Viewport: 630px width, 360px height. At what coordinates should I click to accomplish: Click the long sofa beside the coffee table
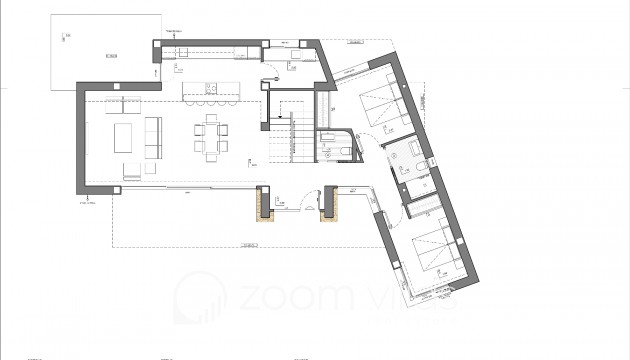[153, 135]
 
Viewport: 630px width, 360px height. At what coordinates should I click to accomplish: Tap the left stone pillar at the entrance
[265, 204]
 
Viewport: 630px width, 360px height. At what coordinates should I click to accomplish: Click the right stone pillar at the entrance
[327, 204]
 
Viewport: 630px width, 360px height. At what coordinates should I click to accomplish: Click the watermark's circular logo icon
[199, 296]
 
